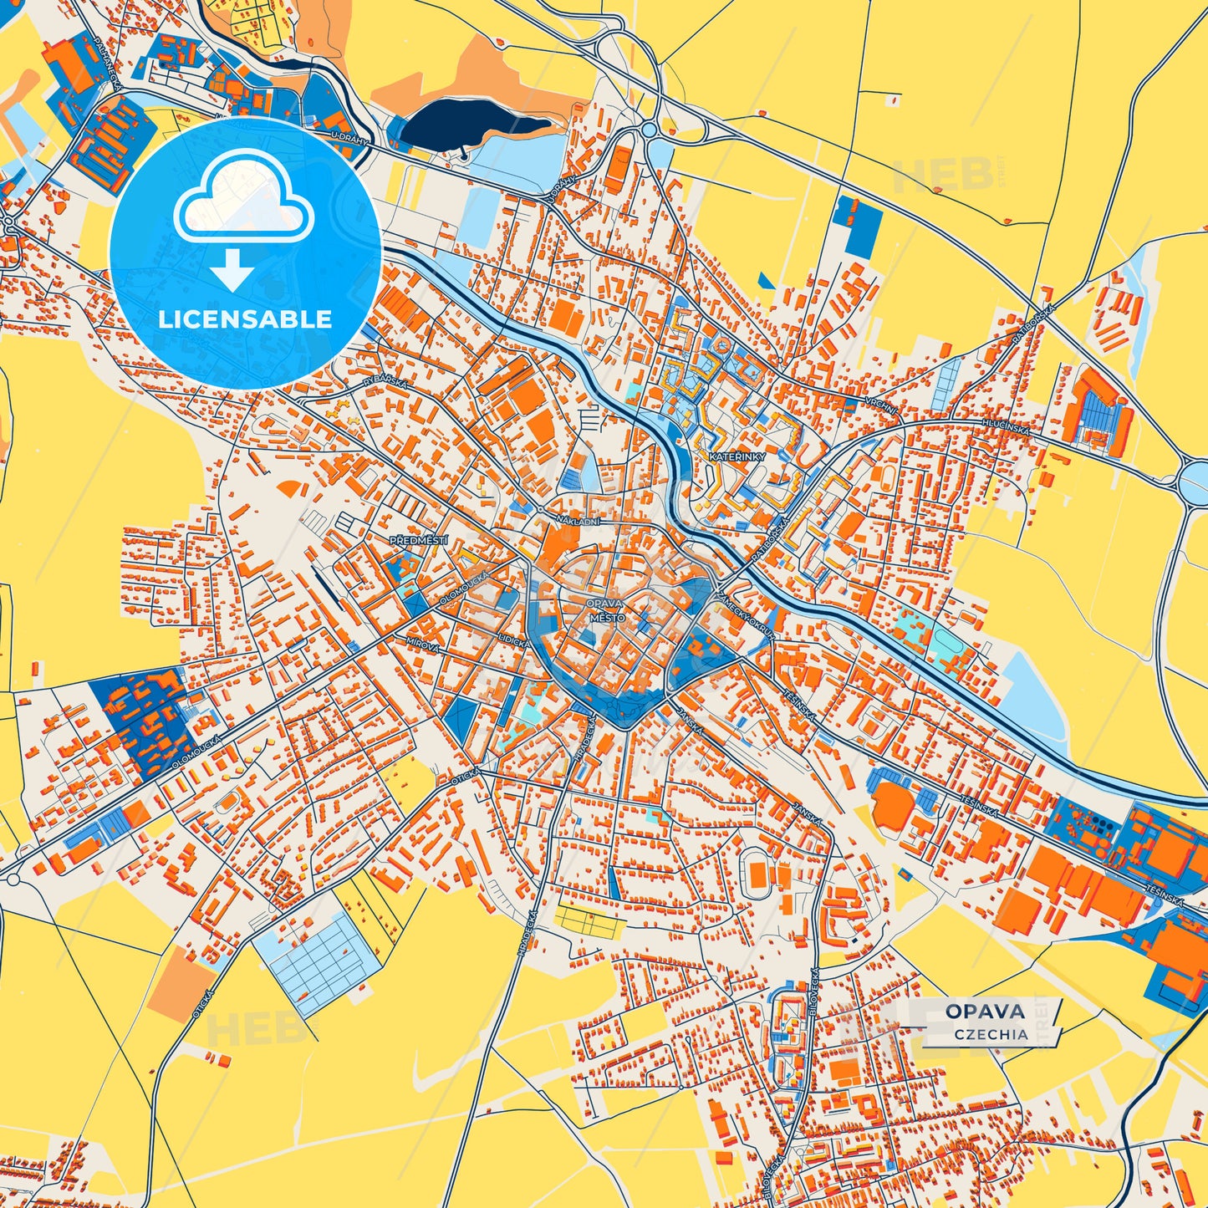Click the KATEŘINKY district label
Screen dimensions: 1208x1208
pos(733,457)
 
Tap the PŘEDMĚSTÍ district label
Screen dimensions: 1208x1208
pos(419,541)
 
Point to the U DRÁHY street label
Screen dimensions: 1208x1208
pos(349,139)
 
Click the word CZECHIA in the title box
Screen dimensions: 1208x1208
pos(991,1034)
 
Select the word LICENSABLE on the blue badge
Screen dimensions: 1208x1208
pos(245,319)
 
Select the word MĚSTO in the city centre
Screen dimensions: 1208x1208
pos(607,617)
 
